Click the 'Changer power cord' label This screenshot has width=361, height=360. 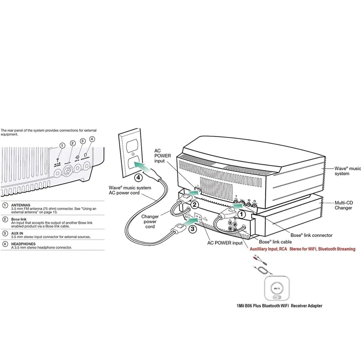click(150, 221)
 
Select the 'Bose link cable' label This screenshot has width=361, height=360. click(275, 242)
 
